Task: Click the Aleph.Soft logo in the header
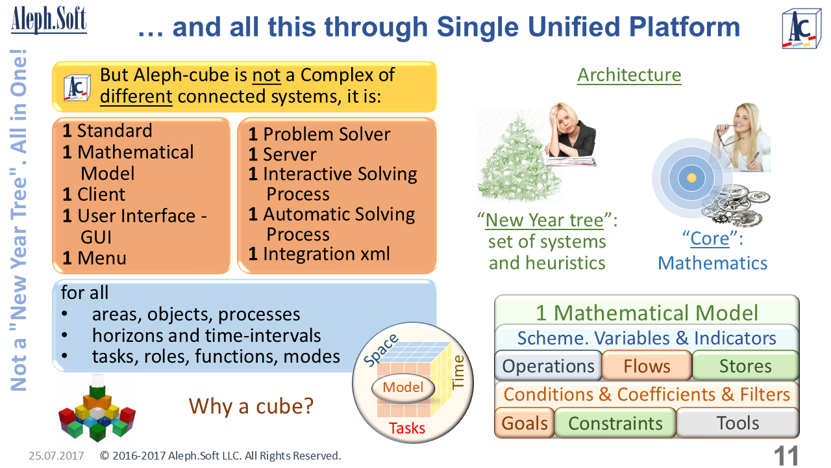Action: pos(49,20)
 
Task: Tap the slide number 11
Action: pos(786,455)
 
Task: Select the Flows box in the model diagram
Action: pos(647,366)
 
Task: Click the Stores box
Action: pos(745,366)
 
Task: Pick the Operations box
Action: pos(548,366)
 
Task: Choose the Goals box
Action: pos(525,423)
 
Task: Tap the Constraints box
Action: pos(615,423)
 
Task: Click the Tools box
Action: pos(738,423)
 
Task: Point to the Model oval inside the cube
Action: pos(403,388)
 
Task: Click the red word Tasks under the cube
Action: pos(407,428)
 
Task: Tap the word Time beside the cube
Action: pos(458,372)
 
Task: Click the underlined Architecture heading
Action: pos(629,75)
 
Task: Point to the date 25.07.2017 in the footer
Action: pos(56,456)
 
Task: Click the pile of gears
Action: pos(736,203)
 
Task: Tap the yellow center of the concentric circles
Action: pos(691,177)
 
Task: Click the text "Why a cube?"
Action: pos(251,406)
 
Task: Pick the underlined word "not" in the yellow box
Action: pos(266,75)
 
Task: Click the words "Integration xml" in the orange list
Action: pos(326,253)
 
